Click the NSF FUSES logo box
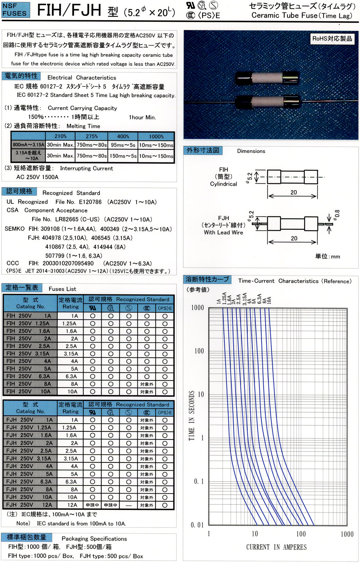15,10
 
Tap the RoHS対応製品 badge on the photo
332,39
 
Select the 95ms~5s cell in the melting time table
123,145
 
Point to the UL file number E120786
90,202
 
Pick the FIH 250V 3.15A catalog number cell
30,354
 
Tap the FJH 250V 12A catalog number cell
30,505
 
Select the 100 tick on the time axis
199,351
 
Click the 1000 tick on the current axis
347,534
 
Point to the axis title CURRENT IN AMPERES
276,547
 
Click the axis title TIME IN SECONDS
192,415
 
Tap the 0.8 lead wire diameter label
337,214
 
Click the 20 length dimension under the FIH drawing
293,192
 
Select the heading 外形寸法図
203,150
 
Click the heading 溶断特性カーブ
207,280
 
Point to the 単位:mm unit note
327,257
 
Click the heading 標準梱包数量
27,537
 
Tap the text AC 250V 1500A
37,177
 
